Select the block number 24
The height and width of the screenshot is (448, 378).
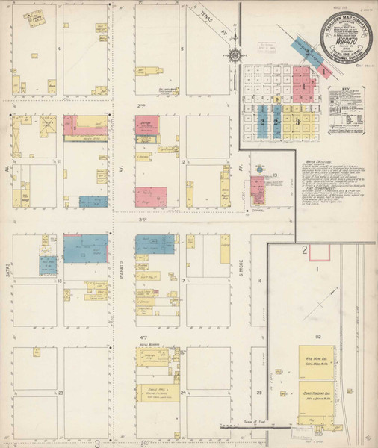182,391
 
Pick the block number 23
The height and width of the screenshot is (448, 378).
61,392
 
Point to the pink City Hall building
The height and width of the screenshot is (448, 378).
258,190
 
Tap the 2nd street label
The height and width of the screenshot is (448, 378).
140,106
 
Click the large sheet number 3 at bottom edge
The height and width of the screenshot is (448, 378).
97,442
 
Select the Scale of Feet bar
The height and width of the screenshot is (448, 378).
247,428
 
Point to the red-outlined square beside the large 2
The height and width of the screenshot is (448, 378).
305,252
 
